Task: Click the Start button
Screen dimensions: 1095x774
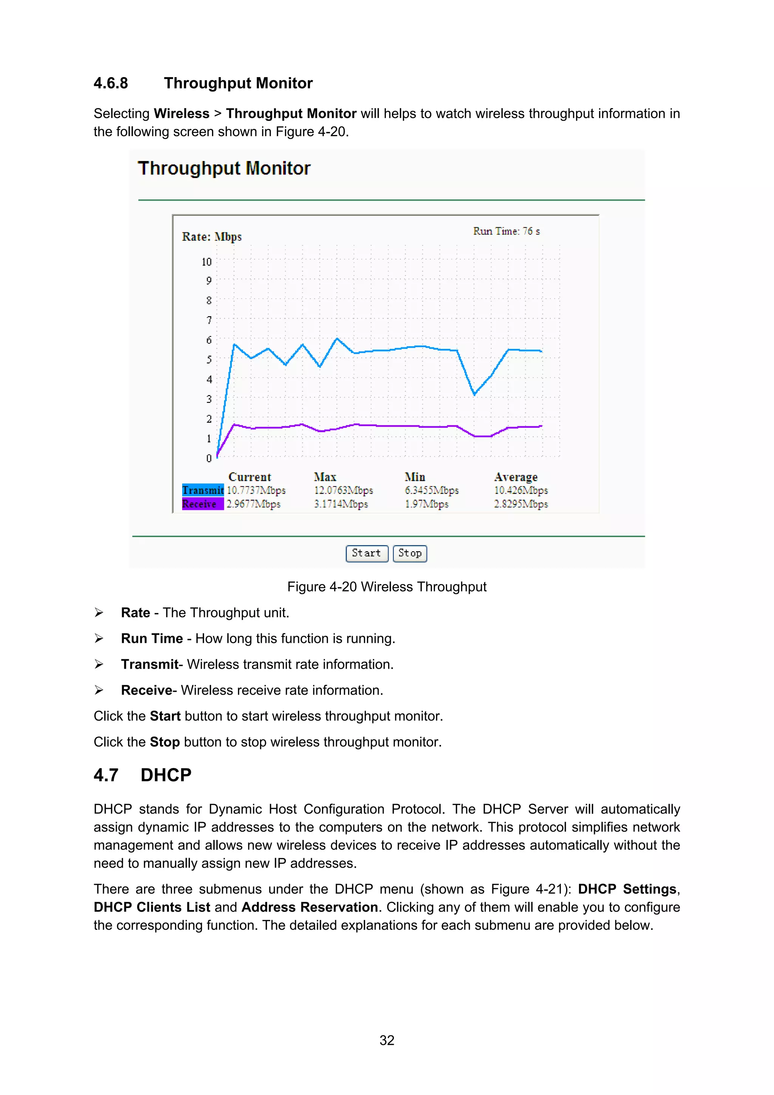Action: (366, 553)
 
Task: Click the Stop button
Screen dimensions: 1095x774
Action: (410, 553)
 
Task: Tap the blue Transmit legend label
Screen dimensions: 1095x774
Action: (203, 490)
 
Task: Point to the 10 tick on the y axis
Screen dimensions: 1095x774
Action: (206, 262)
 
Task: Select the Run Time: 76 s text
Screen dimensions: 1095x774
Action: (506, 231)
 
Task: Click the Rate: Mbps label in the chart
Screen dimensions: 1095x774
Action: (212, 237)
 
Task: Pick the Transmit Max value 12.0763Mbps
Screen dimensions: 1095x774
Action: (343, 490)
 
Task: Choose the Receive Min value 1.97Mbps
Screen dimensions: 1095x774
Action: (426, 504)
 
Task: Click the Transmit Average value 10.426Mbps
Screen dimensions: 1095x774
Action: (521, 490)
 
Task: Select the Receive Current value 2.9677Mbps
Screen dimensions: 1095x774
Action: (253, 504)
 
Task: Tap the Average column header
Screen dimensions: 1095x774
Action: (515, 477)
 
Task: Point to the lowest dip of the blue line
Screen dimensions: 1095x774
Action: (474, 394)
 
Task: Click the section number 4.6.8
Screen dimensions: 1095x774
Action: (111, 84)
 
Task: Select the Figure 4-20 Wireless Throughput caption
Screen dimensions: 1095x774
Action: (387, 587)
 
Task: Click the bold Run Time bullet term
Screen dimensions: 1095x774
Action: (152, 638)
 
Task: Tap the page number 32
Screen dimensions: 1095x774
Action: (387, 1040)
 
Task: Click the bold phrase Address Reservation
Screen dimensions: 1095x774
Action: (310, 907)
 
